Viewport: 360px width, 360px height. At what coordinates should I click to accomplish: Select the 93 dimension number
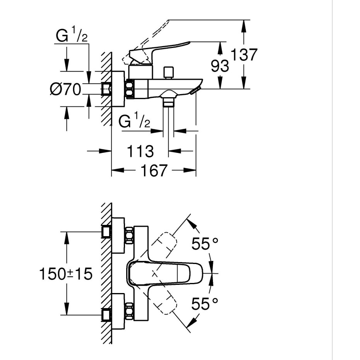(220, 66)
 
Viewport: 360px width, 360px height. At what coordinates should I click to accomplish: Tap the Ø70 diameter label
(65, 90)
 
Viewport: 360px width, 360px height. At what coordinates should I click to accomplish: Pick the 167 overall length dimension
(153, 170)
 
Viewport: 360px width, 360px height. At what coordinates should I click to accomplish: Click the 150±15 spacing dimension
(66, 274)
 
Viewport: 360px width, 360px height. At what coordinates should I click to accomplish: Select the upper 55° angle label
(205, 244)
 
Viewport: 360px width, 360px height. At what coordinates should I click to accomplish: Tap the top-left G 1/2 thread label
(72, 37)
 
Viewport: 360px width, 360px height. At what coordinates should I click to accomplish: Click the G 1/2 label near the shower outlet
(135, 122)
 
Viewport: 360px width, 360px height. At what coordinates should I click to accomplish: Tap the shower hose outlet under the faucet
(168, 101)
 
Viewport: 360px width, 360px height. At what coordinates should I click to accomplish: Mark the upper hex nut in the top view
(129, 235)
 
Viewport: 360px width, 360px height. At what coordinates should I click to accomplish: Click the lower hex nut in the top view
(129, 312)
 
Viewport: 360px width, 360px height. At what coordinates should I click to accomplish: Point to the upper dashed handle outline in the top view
(165, 242)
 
